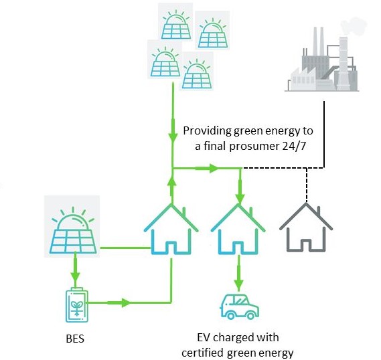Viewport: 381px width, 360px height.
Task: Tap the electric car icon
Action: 239,306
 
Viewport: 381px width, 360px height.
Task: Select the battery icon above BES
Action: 77,305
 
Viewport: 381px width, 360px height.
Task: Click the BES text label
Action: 75,339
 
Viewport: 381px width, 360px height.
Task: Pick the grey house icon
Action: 306,228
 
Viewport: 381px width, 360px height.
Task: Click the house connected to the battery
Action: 171,229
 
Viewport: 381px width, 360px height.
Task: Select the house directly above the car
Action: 238,229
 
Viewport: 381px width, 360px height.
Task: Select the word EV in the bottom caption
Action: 204,338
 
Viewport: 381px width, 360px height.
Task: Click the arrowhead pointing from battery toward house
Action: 126,302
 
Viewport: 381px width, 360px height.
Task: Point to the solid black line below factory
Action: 324,134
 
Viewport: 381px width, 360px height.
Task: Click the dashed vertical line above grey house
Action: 307,185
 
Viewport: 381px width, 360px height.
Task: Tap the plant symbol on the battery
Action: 76,307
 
